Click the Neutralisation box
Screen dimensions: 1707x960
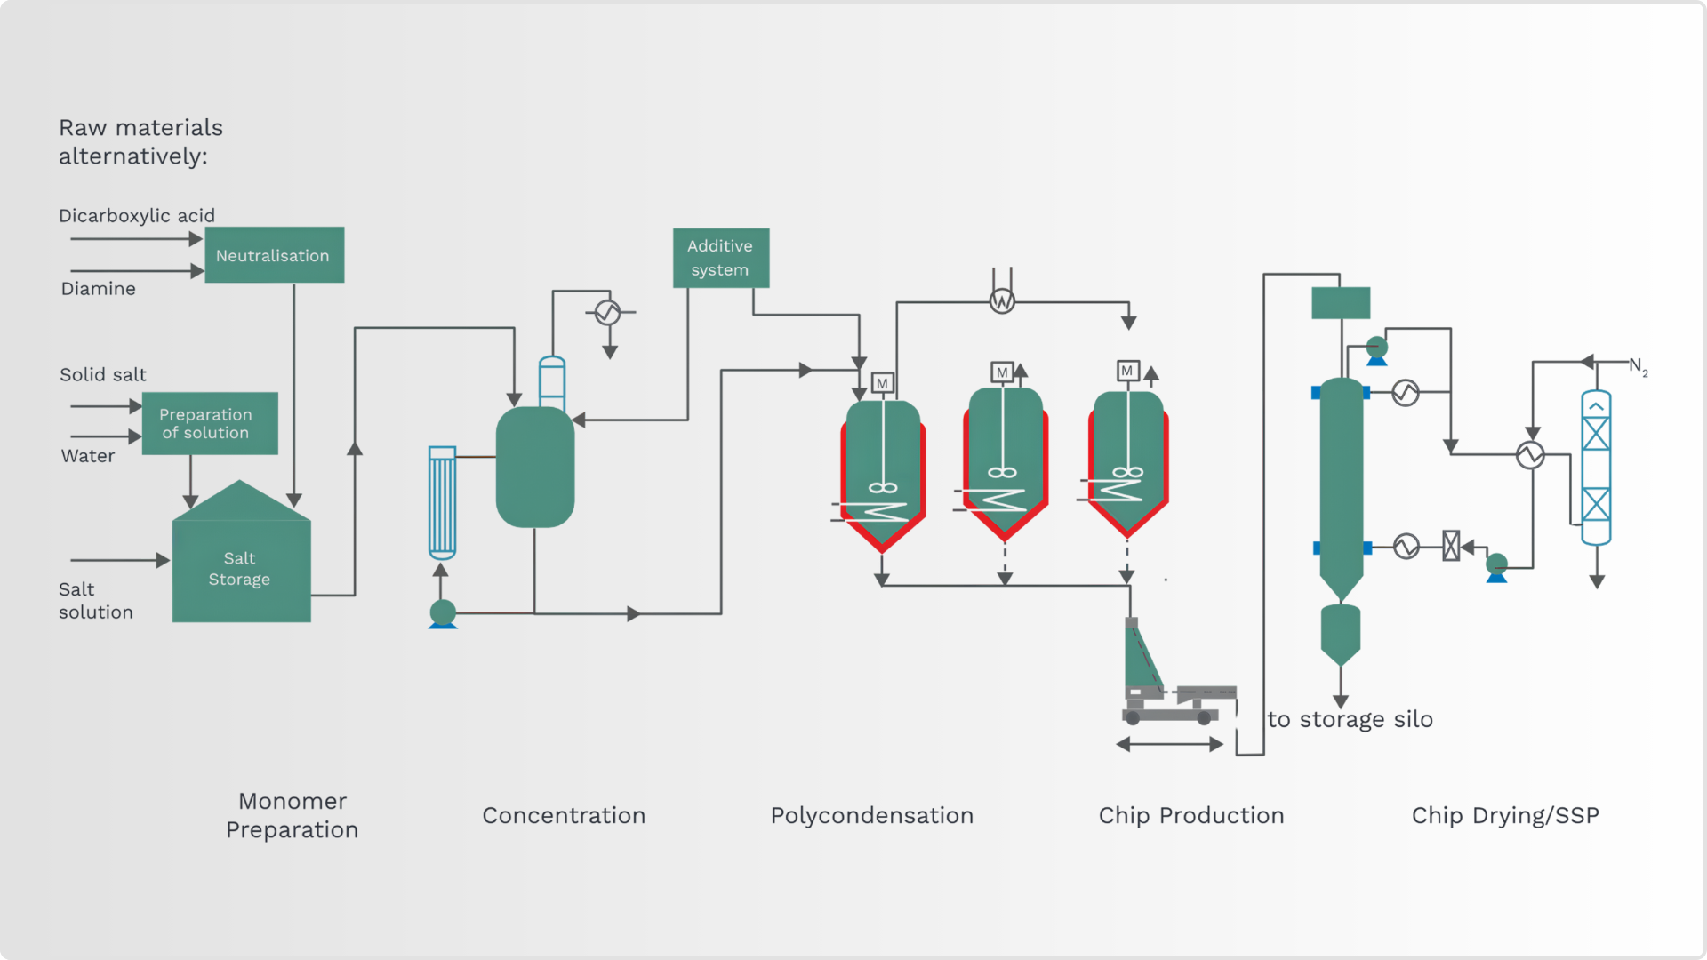tap(274, 255)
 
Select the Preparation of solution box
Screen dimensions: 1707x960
tap(210, 423)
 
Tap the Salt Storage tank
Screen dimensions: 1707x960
tap(241, 556)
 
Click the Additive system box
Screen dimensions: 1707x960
tap(721, 258)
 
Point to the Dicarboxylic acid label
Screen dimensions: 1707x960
tap(137, 216)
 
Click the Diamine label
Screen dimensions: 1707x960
tap(99, 289)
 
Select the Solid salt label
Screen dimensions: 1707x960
tap(103, 374)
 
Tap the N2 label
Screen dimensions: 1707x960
tap(1639, 366)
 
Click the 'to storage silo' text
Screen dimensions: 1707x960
tap(1350, 719)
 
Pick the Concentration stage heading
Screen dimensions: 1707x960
tap(564, 815)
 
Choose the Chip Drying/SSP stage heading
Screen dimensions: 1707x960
tap(1505, 815)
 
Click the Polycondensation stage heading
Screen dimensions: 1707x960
tap(872, 815)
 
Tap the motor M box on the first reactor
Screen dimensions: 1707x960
tap(882, 383)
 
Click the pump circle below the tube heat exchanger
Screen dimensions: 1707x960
tap(443, 612)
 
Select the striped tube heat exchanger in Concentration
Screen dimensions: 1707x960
tap(442, 502)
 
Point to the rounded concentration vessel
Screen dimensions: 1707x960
tap(535, 467)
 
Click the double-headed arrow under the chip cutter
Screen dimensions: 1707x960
tap(1170, 745)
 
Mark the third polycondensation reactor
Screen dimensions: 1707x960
tap(1128, 462)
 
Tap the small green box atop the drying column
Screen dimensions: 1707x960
tap(1341, 303)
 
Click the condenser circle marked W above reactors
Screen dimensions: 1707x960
tap(1002, 301)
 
